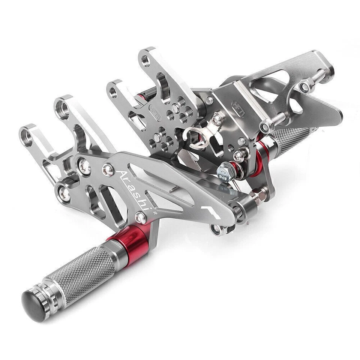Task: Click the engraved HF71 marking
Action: [238, 109]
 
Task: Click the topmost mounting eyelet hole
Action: [146, 60]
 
